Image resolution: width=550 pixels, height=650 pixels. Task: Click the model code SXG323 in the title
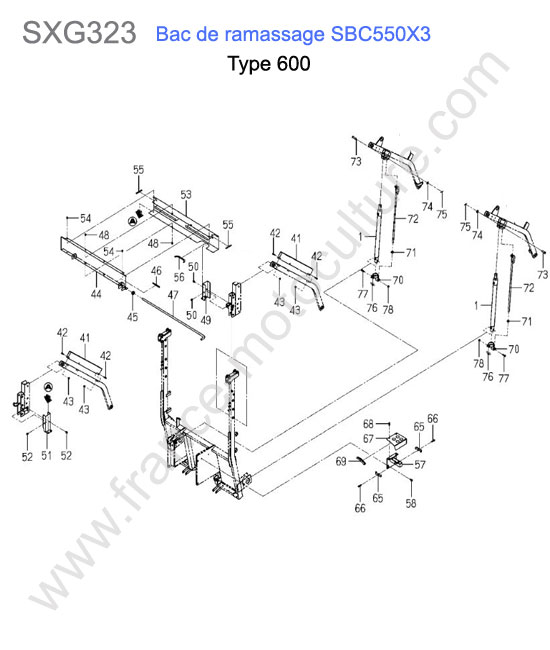pos(79,33)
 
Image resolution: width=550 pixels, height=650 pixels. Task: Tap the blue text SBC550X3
pos(380,34)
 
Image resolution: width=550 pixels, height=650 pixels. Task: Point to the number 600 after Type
pos(293,64)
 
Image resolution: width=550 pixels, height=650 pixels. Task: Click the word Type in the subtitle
pos(250,65)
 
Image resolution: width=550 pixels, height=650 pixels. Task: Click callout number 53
pos(186,194)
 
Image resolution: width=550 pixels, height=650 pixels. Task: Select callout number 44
pos(96,294)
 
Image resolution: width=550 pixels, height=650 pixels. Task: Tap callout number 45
pos(132,317)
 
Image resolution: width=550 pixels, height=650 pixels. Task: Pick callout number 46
pos(156,271)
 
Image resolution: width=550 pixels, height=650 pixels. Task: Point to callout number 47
pos(173,295)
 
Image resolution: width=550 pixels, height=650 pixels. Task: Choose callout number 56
pos(179,276)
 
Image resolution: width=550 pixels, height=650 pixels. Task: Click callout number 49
pos(206,320)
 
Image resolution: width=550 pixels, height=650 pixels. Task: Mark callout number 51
pos(46,456)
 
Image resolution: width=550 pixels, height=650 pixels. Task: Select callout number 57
pos(420,464)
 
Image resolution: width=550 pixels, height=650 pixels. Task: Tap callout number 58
pos(411,503)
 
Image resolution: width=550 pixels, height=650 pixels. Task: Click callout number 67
pos(368,439)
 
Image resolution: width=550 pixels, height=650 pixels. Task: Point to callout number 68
pos(368,424)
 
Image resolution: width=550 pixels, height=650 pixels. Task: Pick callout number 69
pos(341,461)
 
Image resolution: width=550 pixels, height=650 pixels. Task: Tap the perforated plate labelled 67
pos(397,440)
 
